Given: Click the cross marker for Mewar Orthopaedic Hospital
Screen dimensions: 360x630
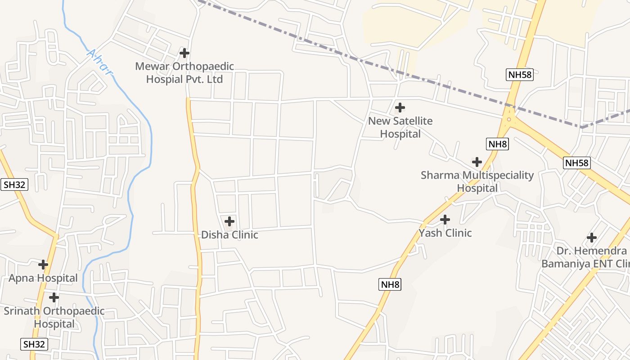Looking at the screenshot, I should pyautogui.click(x=184, y=53).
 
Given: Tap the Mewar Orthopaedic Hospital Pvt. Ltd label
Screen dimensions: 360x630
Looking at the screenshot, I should pyautogui.click(x=184, y=73).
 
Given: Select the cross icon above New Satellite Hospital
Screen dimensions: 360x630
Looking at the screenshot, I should pyautogui.click(x=400, y=108).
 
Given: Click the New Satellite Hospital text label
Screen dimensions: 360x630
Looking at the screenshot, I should pyautogui.click(x=400, y=127).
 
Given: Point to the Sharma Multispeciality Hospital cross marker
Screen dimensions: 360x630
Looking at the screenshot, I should pyautogui.click(x=477, y=162).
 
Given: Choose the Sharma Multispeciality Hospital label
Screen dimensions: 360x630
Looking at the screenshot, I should pyautogui.click(x=477, y=181).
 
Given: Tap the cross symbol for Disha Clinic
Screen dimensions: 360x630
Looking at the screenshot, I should pyautogui.click(x=229, y=221).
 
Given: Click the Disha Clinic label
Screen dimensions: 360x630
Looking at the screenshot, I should pyautogui.click(x=229, y=235).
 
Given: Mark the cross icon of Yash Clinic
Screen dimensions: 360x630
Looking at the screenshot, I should pyautogui.click(x=445, y=220).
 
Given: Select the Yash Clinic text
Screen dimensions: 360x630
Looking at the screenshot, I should pyautogui.click(x=445, y=233).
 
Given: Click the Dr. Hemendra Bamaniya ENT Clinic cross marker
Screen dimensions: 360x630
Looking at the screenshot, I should pyautogui.click(x=592, y=237).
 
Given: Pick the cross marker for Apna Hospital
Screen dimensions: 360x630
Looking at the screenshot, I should pyautogui.click(x=43, y=264).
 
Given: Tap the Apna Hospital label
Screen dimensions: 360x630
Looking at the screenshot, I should pyautogui.click(x=43, y=278).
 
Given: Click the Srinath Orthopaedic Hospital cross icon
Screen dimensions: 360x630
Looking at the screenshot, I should pyautogui.click(x=54, y=297).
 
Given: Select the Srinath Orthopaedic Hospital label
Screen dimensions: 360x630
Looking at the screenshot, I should pyautogui.click(x=54, y=317).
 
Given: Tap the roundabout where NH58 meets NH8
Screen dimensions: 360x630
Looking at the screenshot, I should pyautogui.click(x=509, y=119).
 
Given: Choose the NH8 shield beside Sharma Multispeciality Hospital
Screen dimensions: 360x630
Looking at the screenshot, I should pyautogui.click(x=497, y=144).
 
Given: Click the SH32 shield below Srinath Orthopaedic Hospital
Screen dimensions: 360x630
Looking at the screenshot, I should pyautogui.click(x=34, y=345).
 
